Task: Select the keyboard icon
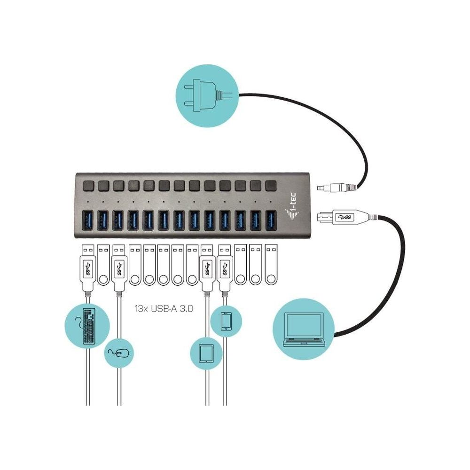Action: pyautogui.click(x=87, y=326)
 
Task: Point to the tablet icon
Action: pyautogui.click(x=206, y=354)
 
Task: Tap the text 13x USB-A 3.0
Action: pyautogui.click(x=164, y=309)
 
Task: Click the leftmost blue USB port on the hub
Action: pyautogui.click(x=87, y=220)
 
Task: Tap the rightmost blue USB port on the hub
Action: pyautogui.click(x=271, y=220)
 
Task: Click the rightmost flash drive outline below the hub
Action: pyautogui.click(x=271, y=265)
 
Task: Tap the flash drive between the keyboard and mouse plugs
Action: pyautogui.click(x=103, y=265)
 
